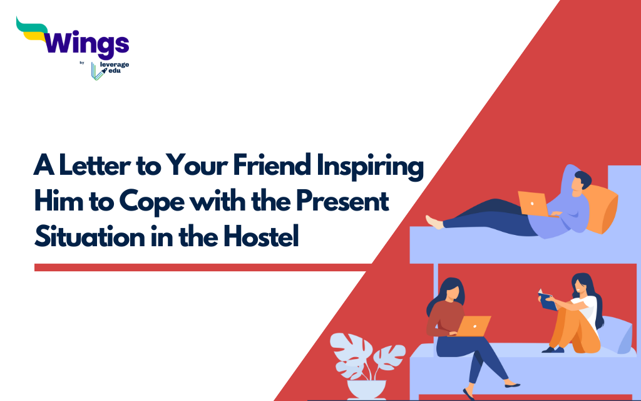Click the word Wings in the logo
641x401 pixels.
tap(88, 43)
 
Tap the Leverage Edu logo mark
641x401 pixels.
tap(97, 71)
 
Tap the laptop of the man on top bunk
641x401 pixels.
tap(533, 203)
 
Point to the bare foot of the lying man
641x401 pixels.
tap(433, 221)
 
